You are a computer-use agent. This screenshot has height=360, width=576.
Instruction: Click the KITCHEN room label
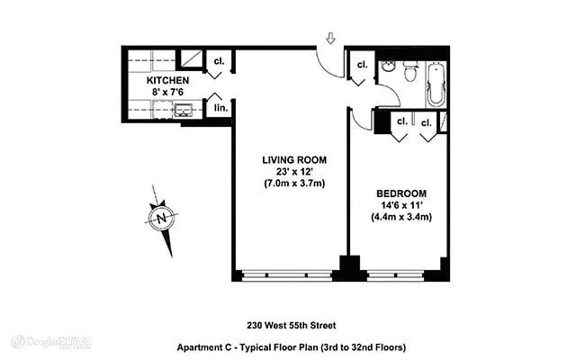click(167, 80)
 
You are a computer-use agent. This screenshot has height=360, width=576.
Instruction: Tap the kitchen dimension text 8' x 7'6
click(167, 92)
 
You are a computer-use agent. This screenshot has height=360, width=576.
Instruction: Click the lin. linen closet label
click(218, 107)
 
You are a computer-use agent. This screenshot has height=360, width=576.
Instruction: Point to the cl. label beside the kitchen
click(218, 62)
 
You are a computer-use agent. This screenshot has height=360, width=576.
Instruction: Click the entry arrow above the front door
click(330, 39)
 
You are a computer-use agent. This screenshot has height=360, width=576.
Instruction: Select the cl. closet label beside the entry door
click(362, 65)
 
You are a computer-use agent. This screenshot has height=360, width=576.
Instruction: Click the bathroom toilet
click(410, 68)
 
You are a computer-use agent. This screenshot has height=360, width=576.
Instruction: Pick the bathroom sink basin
click(387, 67)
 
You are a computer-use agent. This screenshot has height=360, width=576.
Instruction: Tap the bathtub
click(438, 83)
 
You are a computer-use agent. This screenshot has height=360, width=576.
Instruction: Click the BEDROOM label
click(400, 193)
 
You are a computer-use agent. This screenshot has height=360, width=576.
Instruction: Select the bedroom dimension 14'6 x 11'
click(400, 204)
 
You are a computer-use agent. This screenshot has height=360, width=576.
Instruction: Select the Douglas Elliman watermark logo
click(51, 342)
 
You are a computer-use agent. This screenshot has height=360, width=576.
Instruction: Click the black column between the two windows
click(346, 268)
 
